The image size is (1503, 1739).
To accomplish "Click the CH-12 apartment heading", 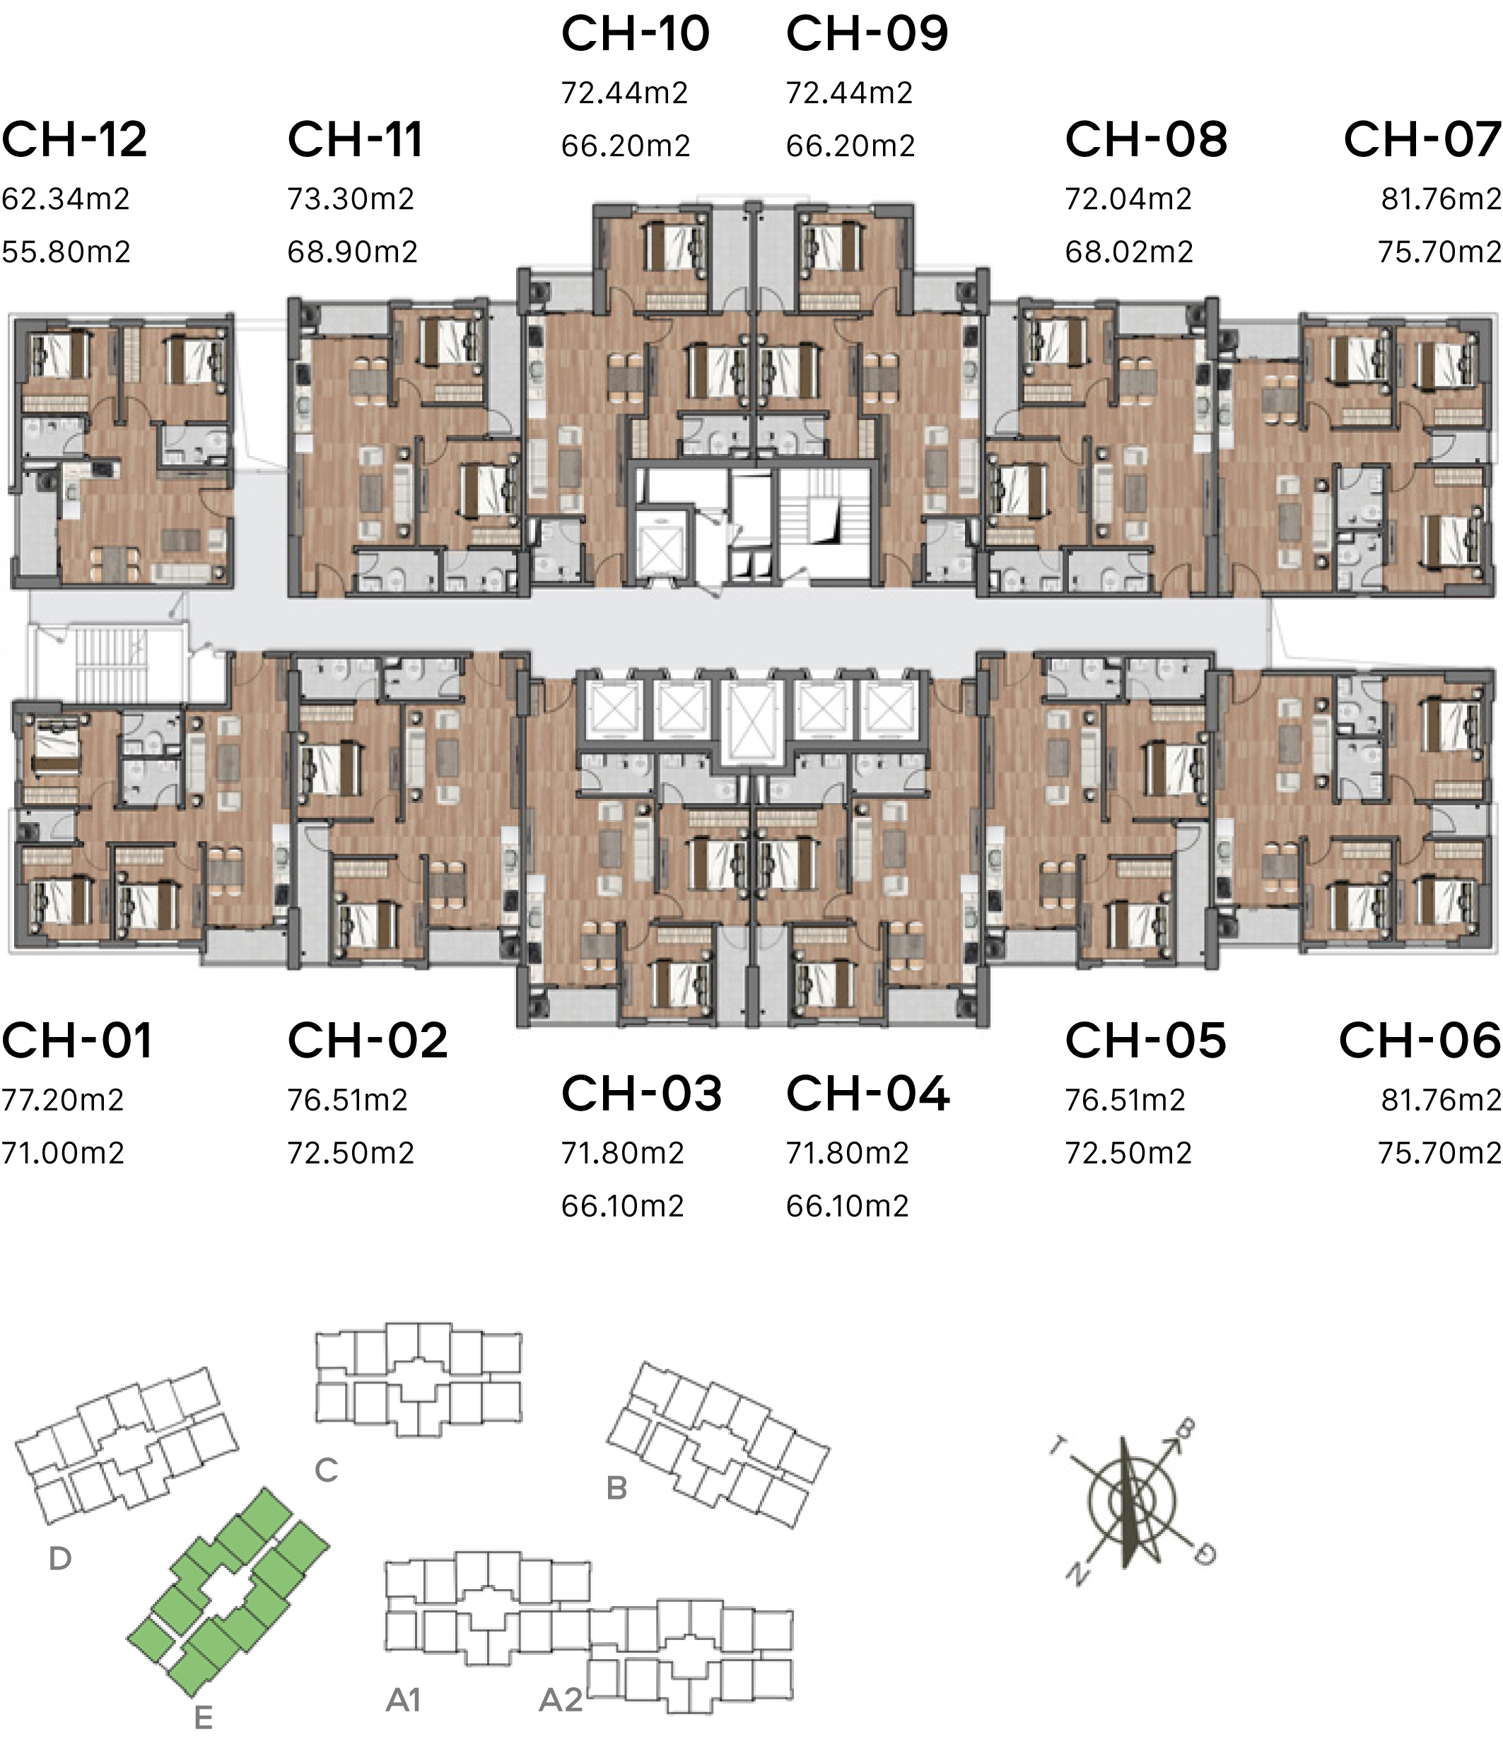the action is coord(75,139).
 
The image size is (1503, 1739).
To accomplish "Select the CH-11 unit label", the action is coord(355,139).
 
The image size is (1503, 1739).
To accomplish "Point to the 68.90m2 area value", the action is coord(353,252).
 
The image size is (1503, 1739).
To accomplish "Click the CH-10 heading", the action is coord(636,33).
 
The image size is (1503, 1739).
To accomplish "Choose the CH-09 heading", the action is coord(867,33).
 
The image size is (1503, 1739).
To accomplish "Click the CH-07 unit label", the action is coord(1422,139).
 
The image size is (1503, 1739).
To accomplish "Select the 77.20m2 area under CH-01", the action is coord(63,1099).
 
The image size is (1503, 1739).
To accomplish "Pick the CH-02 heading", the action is coord(368,1041).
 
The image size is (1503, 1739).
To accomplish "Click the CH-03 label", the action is coord(642,1094).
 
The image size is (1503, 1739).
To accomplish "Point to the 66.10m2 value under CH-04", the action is coord(848,1206).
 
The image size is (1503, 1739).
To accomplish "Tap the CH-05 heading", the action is coord(1145,1041).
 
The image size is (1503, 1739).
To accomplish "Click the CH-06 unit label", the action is coord(1419,1041).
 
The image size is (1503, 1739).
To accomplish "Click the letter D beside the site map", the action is coord(59,1559).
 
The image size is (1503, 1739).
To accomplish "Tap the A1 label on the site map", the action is coord(403,1699).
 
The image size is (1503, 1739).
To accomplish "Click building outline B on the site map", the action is coord(718,1444).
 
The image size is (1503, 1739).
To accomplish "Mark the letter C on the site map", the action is coord(327,1470).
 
